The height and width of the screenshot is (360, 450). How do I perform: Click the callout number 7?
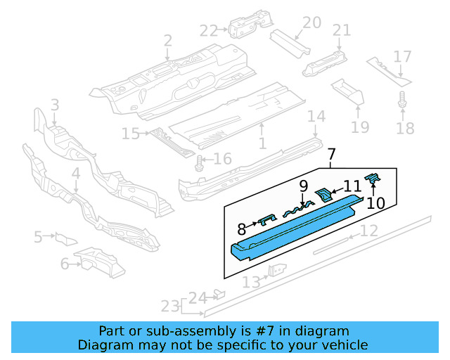pos(332,155)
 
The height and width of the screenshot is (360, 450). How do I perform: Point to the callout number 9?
pos(303,186)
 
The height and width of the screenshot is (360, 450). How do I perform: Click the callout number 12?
pos(369,231)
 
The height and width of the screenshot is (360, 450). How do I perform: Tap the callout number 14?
pos(316,117)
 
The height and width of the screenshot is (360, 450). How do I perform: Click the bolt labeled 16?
pos(200,162)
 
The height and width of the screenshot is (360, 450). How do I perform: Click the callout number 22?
pos(209,30)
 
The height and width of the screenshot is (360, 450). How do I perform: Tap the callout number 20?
pos(311,23)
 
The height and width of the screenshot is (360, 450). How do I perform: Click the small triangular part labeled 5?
pos(63,238)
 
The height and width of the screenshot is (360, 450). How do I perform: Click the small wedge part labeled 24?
pos(218,294)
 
